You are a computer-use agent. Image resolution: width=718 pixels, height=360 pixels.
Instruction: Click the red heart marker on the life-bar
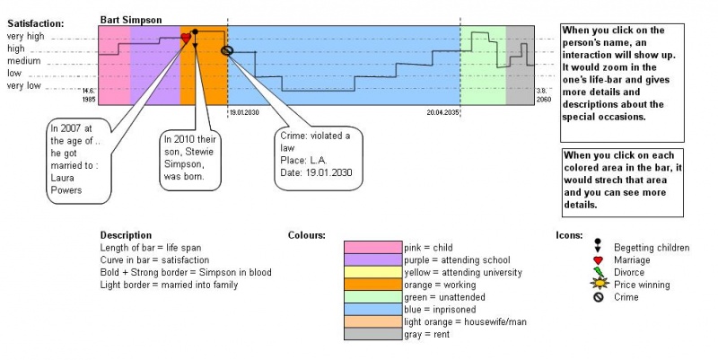coord(186,38)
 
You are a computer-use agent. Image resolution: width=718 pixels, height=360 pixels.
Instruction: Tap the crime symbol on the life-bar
coord(227,50)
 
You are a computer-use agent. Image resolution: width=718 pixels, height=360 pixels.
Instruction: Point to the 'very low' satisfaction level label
coord(24,85)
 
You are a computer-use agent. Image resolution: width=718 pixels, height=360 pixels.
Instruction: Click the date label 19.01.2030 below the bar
coord(244,113)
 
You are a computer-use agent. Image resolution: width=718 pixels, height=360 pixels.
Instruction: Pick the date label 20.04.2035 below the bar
coord(443,113)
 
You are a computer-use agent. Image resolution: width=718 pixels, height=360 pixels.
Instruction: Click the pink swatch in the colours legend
coord(373,247)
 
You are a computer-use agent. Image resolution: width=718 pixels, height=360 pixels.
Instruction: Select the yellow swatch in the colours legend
coord(373,272)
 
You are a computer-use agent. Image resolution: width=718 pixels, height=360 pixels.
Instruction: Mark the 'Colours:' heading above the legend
coord(306,235)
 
